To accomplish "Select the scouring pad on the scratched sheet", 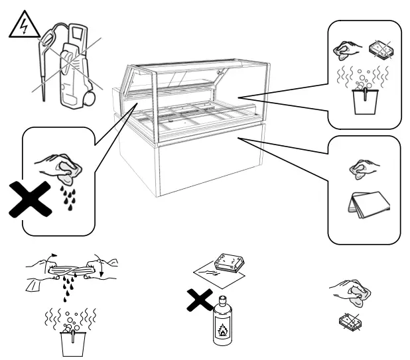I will click(x=231, y=264).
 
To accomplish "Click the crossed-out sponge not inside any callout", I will click(x=351, y=321).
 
